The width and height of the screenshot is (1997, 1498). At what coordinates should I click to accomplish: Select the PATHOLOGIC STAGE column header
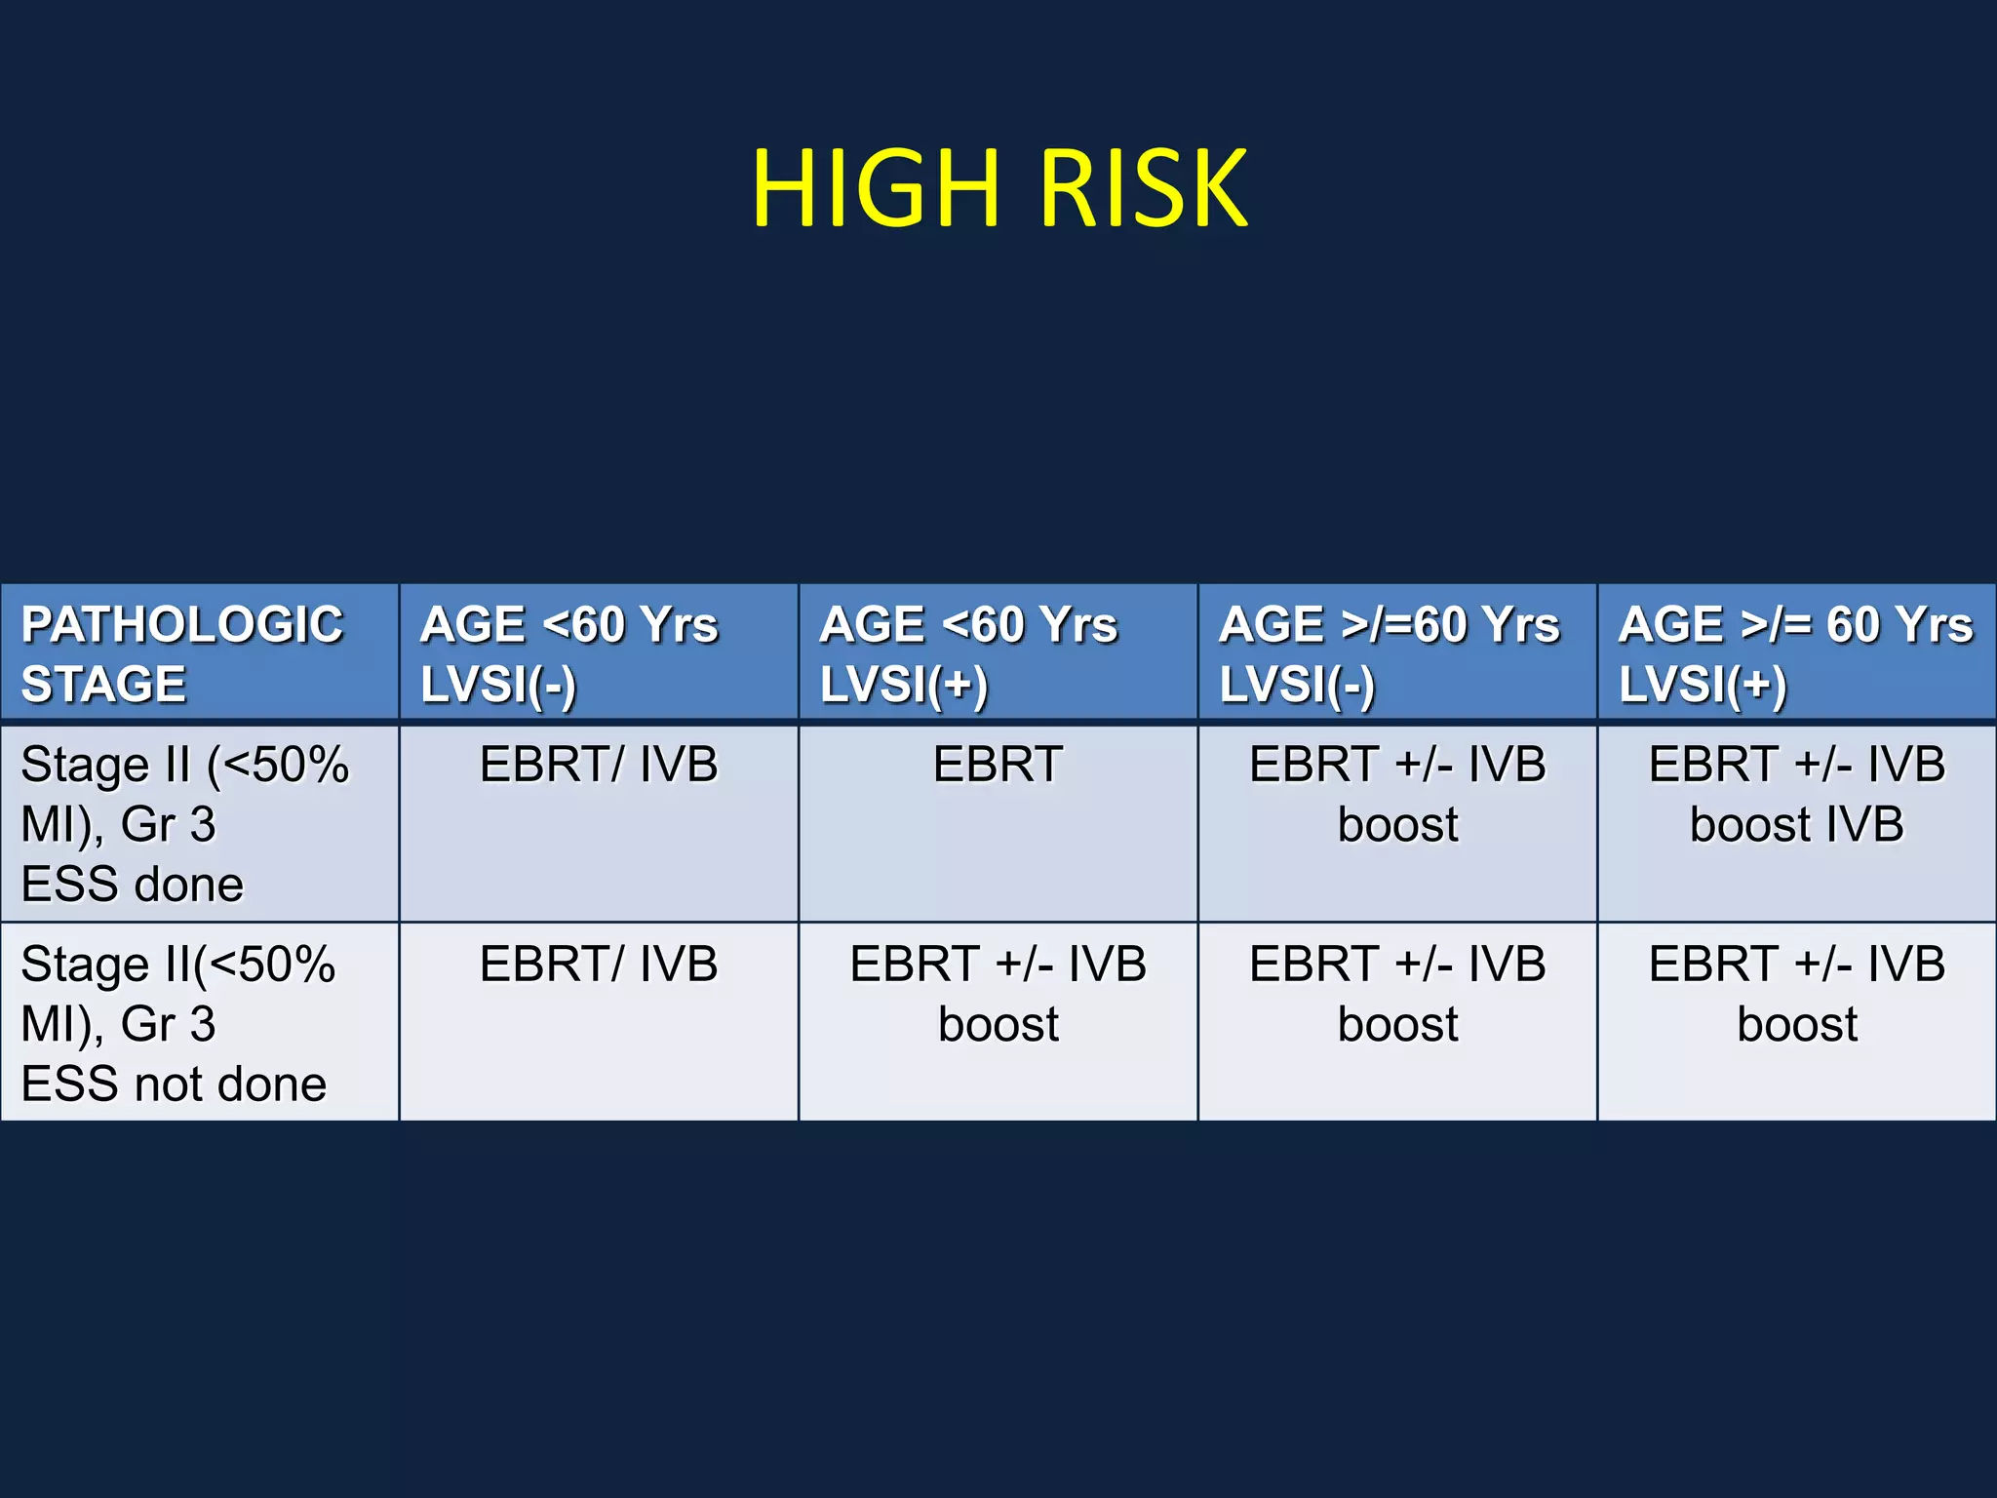182,653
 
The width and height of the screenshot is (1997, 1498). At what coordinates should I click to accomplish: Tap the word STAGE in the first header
103,685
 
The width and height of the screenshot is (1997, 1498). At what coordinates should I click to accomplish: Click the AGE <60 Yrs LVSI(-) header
568,653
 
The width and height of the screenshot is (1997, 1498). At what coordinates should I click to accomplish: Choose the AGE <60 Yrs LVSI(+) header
968,653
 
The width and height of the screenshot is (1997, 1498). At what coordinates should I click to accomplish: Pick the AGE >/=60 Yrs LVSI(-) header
1389,653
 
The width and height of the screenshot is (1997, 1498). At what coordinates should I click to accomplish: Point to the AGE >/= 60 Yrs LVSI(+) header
1795,653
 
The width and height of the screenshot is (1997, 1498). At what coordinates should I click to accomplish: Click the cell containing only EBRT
998,765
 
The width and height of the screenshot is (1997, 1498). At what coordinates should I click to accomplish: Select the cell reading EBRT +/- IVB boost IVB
1796,795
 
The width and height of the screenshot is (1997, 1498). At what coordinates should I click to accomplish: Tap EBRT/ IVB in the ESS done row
598,765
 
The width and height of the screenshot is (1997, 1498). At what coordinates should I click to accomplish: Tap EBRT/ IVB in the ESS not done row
598,965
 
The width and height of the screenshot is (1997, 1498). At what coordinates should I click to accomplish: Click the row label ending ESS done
184,824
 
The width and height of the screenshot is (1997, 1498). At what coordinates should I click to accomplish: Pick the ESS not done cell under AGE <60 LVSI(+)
998,995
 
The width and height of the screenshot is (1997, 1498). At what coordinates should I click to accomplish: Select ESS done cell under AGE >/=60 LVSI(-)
1397,795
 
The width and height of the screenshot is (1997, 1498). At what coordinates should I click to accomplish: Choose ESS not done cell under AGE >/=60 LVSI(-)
1397,995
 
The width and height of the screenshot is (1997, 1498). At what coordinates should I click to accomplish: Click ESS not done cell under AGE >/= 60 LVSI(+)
1796,995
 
